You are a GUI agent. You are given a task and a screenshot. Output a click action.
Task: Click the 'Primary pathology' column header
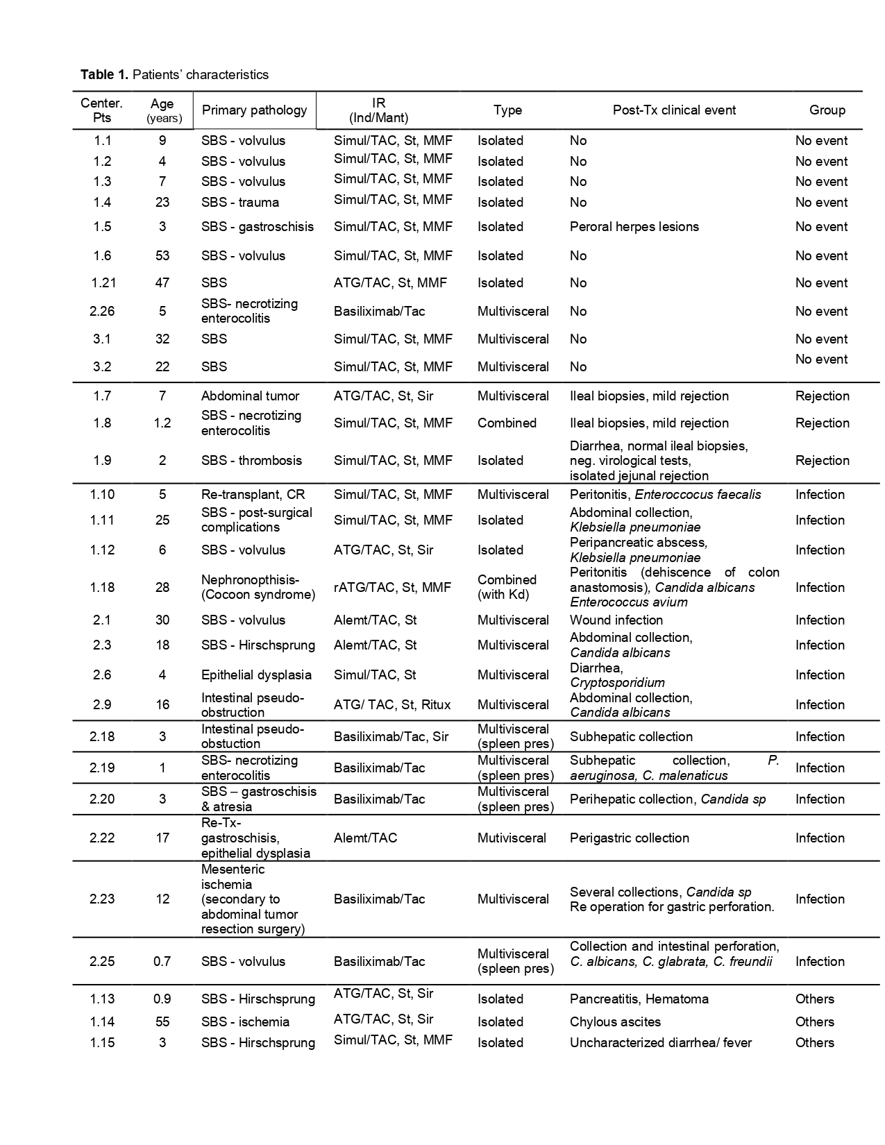254,110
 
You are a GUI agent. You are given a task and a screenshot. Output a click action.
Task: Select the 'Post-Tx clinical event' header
674,110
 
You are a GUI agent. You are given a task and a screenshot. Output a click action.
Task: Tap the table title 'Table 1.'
104,74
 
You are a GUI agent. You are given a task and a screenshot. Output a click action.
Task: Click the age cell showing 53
162,256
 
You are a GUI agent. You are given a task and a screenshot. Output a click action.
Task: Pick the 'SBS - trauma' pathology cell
240,203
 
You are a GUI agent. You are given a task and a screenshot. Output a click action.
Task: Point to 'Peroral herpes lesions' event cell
634,227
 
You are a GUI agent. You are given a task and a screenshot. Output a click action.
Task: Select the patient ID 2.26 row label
102,312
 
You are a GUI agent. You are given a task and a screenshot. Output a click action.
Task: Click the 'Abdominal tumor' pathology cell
250,396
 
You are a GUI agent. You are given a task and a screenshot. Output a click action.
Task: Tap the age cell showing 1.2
162,423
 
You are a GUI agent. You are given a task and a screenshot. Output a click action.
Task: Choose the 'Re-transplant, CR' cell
253,495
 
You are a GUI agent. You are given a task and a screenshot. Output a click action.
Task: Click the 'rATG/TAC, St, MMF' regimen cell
392,588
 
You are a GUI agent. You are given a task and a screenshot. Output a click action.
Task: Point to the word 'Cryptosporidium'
617,683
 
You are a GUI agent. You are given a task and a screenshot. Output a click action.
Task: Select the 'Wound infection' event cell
616,620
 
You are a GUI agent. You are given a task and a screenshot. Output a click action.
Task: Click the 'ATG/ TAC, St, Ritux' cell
392,705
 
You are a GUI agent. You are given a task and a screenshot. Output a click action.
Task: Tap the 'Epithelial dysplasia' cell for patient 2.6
256,675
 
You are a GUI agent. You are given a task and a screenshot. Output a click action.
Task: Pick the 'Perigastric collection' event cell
629,838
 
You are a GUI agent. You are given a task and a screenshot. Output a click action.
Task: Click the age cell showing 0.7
162,962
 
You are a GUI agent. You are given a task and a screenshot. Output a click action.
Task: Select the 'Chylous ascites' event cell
615,1022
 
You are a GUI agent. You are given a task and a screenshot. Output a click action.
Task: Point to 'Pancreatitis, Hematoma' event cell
639,999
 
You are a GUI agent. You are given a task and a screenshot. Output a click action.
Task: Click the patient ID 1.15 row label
102,1043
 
